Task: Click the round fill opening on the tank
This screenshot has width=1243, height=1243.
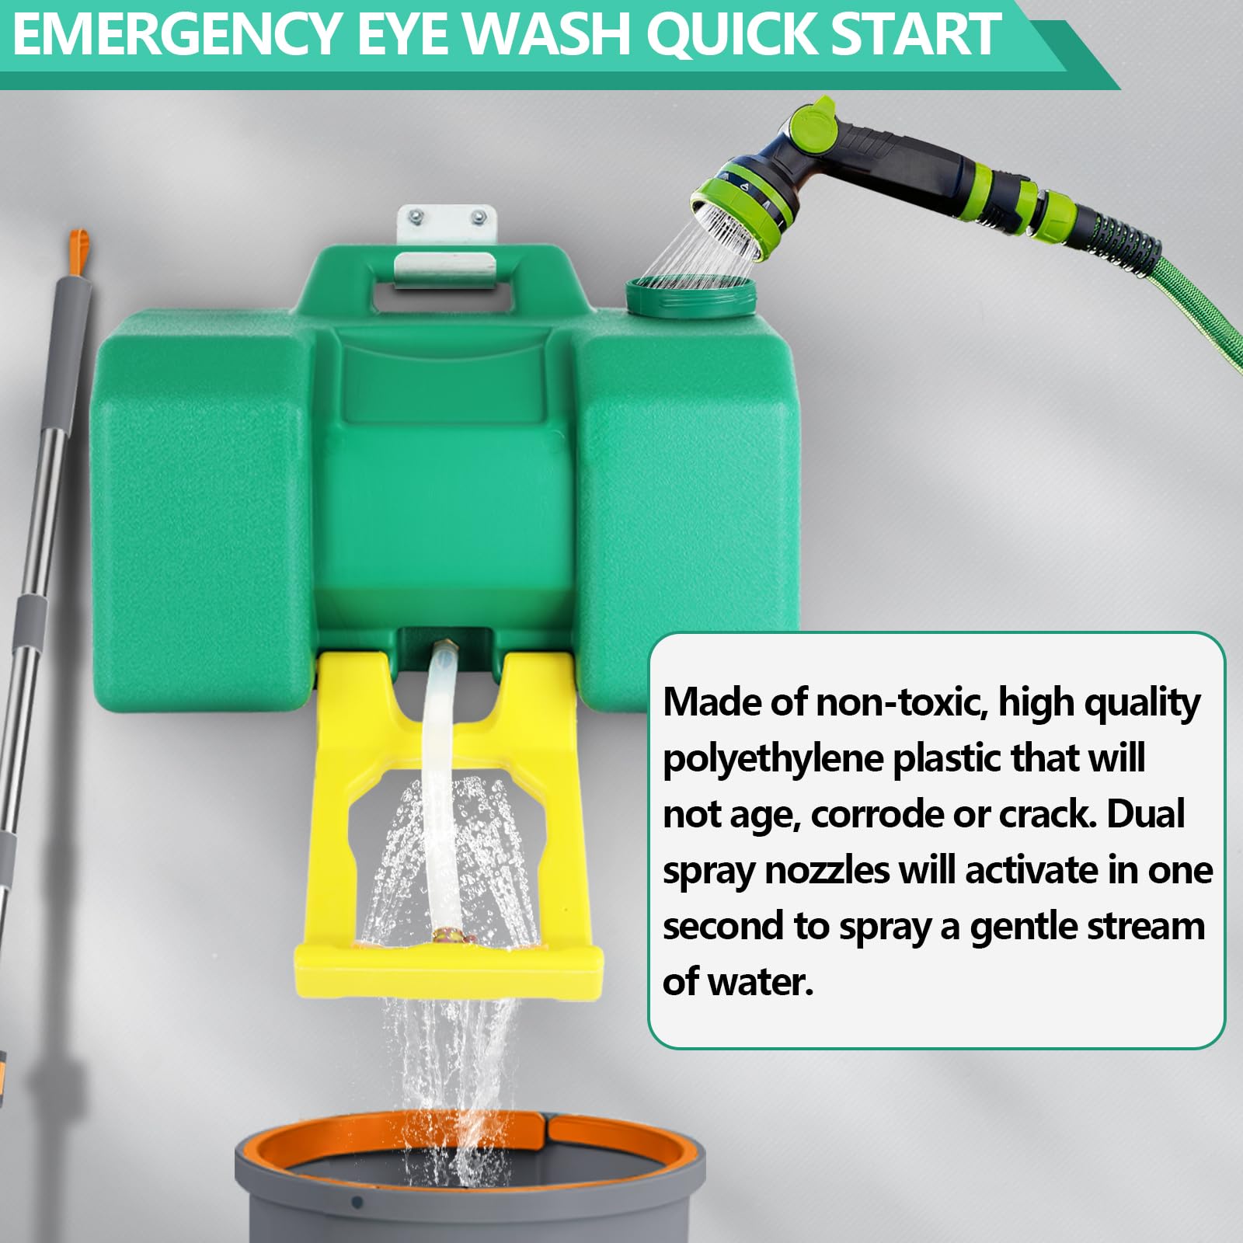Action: click(691, 294)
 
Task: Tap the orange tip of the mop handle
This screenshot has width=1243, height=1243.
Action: click(77, 250)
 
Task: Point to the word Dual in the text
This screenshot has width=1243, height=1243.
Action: click(1145, 813)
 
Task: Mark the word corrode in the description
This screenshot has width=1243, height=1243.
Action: click(878, 814)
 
